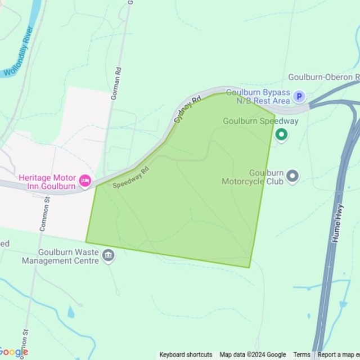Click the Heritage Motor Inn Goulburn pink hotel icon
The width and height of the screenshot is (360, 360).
point(85,181)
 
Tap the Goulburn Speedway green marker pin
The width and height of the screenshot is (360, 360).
point(281,135)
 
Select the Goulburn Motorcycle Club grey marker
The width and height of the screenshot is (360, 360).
point(292,177)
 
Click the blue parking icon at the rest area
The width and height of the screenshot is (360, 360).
point(299,97)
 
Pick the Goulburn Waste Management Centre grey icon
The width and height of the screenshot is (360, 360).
point(109,257)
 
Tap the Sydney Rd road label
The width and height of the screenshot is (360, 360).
point(187,110)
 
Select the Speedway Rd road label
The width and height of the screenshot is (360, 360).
point(130,177)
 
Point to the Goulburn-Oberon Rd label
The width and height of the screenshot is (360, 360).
point(323,77)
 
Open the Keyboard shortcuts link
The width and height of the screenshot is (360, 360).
point(186,355)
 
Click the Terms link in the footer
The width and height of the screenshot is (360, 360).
point(301,355)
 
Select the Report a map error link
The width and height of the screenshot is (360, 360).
point(338,355)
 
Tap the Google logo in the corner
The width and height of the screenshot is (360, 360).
point(13,352)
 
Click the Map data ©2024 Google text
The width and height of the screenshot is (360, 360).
point(253,355)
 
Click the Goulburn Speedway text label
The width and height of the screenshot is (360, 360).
point(260,121)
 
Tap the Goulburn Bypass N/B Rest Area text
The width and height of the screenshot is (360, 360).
point(258,97)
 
